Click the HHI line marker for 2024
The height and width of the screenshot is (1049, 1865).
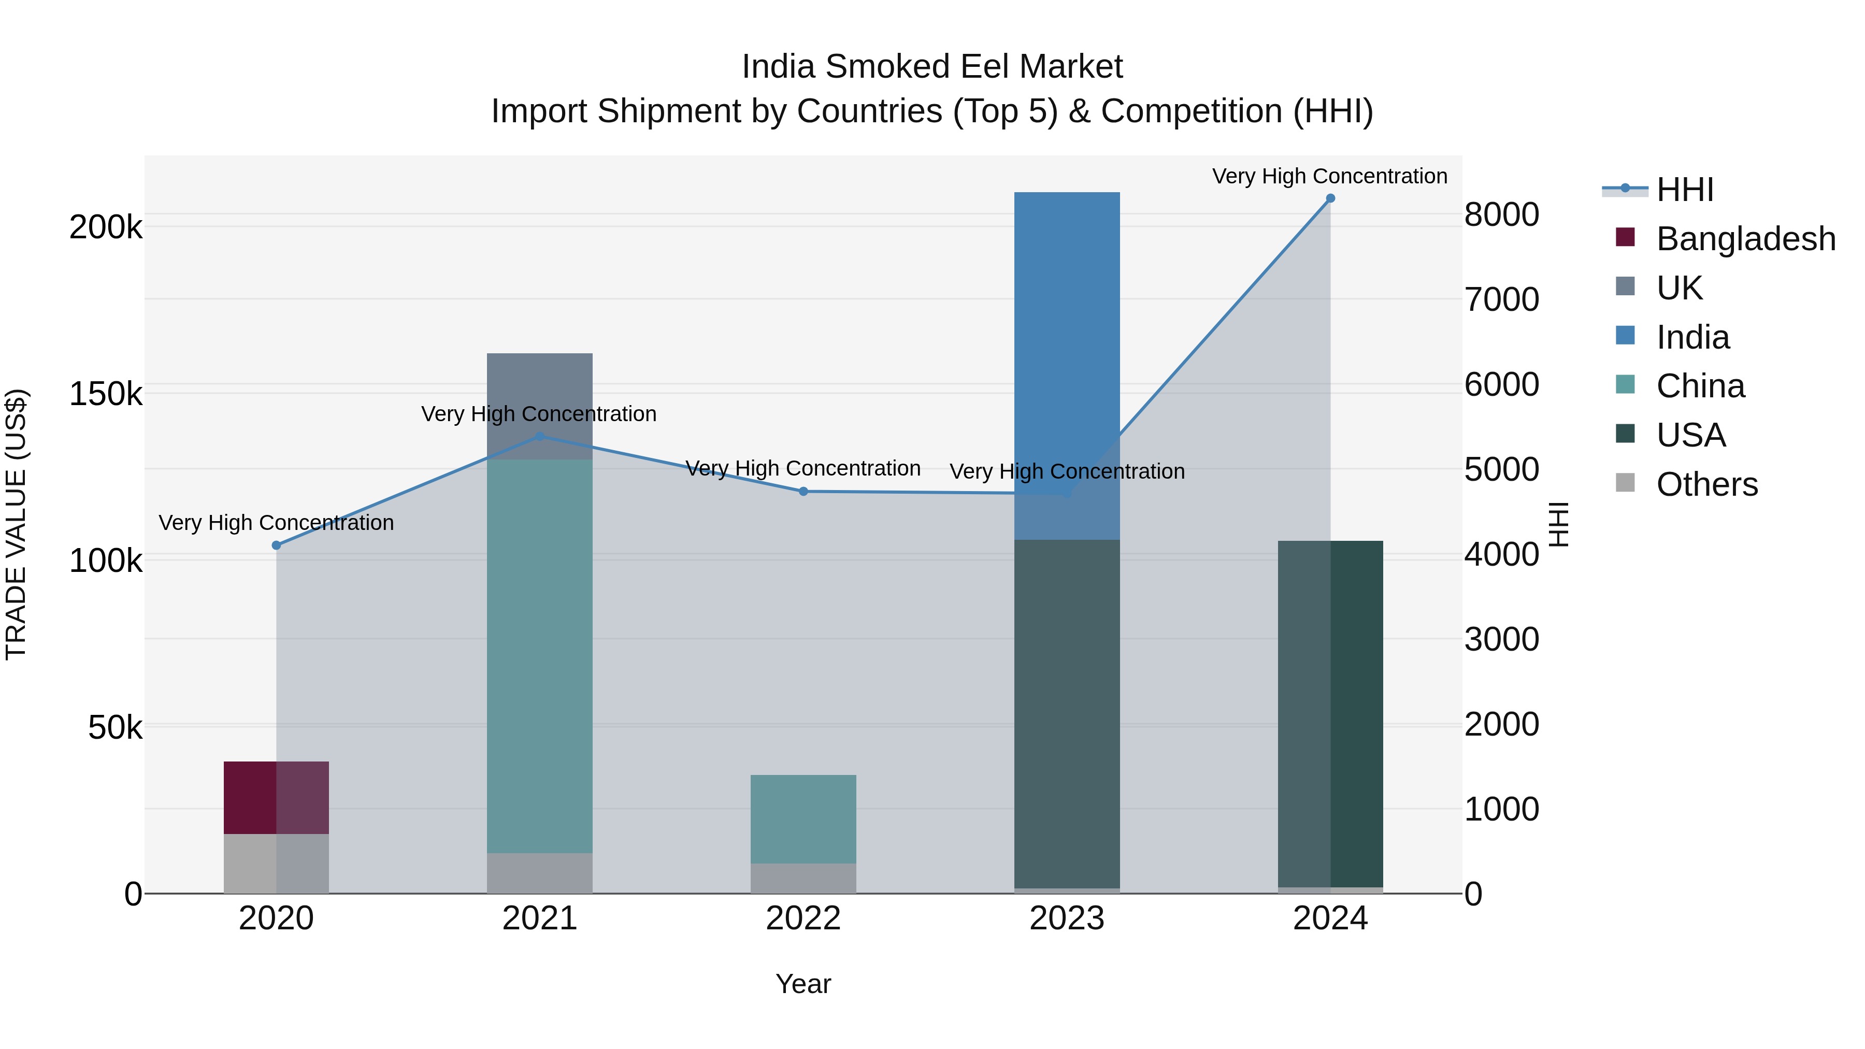click(x=1330, y=198)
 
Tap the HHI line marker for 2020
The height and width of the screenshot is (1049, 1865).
click(x=276, y=545)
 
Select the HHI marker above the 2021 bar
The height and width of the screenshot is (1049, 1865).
click(x=539, y=437)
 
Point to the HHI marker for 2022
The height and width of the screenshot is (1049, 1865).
click(x=803, y=492)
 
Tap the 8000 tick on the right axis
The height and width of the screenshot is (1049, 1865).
click(x=1501, y=214)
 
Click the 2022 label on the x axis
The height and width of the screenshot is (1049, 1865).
click(x=803, y=918)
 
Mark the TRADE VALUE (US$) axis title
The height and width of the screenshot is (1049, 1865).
click(x=16, y=524)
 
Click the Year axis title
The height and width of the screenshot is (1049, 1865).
click(x=803, y=984)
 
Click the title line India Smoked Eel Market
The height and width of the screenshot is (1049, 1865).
click(x=932, y=67)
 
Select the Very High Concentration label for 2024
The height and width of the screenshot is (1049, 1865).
click(x=1329, y=176)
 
